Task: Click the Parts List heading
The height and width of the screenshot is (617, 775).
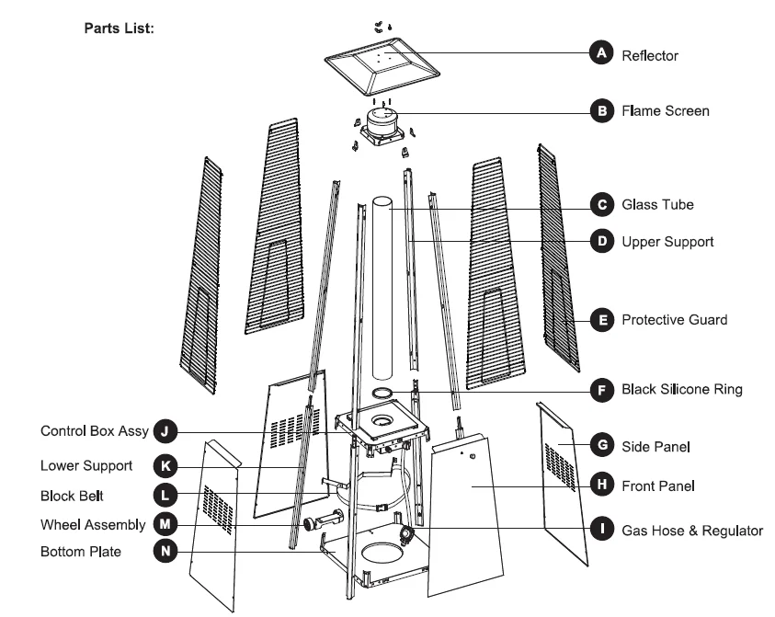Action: click(119, 28)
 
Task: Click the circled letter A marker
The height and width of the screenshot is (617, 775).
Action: click(600, 54)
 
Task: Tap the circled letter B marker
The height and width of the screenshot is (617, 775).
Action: click(600, 111)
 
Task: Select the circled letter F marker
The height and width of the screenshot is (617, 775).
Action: click(600, 390)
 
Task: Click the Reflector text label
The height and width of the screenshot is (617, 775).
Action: click(650, 55)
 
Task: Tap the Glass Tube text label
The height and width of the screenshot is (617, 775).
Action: click(657, 204)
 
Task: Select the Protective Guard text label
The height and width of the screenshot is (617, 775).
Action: click(674, 320)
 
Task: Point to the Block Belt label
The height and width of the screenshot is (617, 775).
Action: click(72, 496)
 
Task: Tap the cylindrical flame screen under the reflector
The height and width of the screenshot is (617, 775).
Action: click(382, 121)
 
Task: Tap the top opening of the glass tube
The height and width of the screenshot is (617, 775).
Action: click(382, 200)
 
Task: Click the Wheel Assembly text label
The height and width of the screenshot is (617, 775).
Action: click(92, 524)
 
